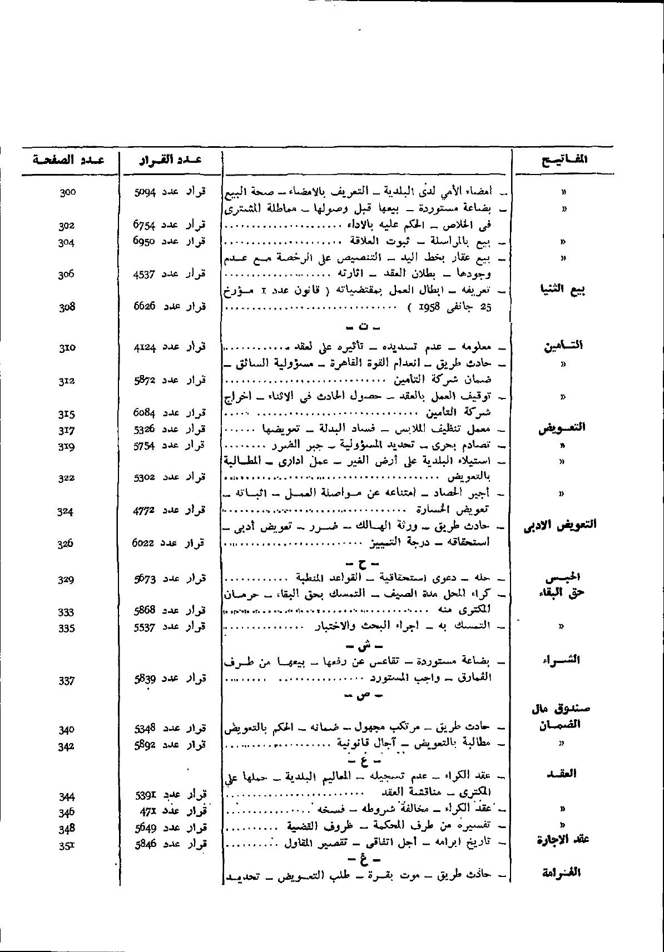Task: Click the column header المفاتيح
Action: [564, 160]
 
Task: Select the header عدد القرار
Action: [170, 160]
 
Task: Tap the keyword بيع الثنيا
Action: [564, 290]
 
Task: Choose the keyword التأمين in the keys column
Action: [563, 346]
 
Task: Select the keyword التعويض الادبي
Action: [560, 525]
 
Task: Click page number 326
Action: [66, 544]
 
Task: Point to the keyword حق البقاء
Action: [563, 592]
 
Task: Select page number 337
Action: [66, 680]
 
